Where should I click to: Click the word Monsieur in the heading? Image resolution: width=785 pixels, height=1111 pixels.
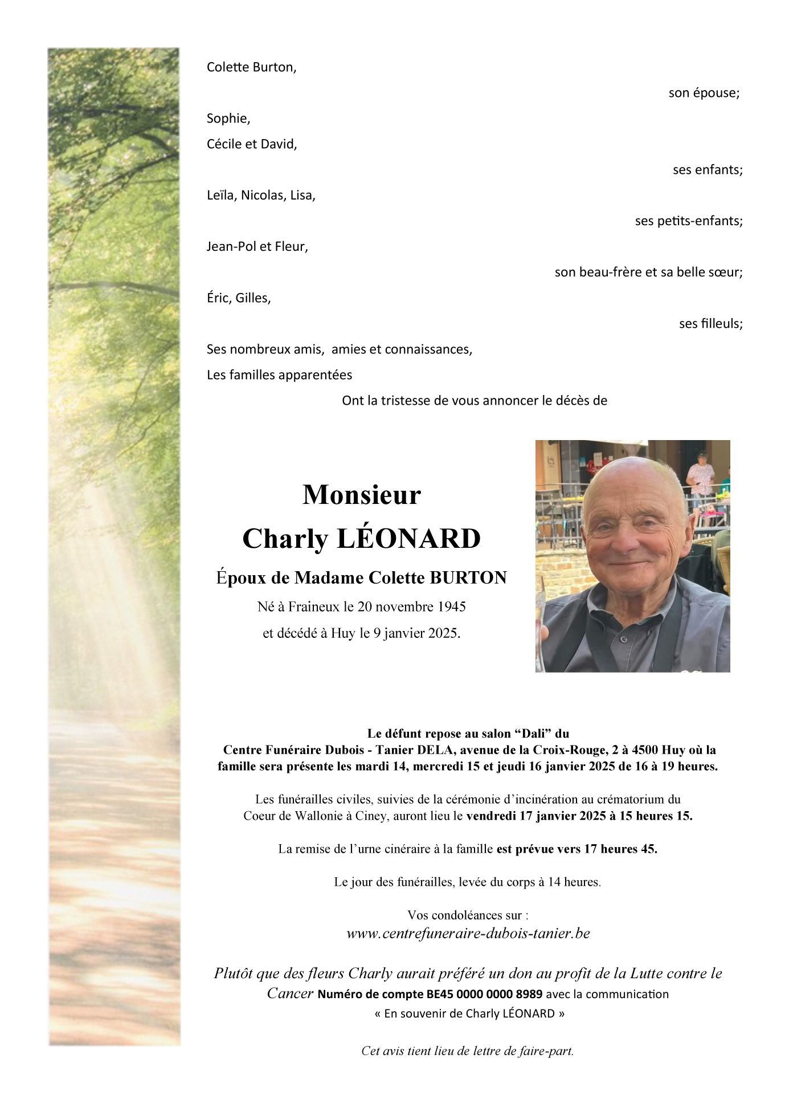(361, 495)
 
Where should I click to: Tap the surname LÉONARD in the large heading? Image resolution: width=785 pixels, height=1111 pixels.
(409, 539)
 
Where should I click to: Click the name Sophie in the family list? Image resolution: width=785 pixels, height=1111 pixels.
(228, 119)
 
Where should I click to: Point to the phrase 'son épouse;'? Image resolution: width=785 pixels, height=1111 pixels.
(704, 93)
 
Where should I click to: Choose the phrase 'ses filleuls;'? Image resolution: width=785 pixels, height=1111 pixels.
(710, 324)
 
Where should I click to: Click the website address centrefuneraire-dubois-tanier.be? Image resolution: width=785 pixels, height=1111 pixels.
(468, 933)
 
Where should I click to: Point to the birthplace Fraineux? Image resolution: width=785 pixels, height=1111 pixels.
(313, 607)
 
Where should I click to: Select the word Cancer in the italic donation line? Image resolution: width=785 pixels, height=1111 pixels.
(290, 994)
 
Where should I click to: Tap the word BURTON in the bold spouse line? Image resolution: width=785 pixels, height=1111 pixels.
(468, 578)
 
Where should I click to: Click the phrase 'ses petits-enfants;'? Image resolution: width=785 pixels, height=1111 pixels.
(688, 221)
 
